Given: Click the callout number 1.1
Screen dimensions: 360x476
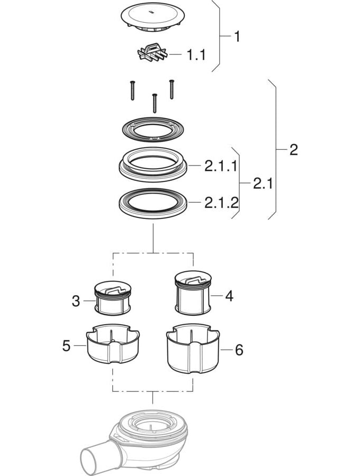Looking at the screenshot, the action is [196, 55].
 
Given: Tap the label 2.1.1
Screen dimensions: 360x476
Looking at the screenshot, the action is [221, 167].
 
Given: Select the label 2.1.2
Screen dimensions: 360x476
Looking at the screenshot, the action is [221, 203].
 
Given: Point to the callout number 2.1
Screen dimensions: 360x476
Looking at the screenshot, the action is [263, 184].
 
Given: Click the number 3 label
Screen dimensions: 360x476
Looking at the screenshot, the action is [76, 301].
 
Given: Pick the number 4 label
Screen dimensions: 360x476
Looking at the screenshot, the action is [229, 296].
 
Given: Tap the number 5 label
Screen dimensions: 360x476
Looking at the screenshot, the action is [66, 346].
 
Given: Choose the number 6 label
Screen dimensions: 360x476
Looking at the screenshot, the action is [239, 350].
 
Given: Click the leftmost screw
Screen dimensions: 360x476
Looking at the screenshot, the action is [132, 90].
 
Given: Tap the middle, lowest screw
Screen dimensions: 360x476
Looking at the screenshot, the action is [155, 103].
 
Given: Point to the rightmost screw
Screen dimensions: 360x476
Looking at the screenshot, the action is [172, 89].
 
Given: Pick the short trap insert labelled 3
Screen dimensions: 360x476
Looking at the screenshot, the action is [113, 298].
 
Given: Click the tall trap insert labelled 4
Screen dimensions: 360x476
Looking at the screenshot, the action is [193, 292].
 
